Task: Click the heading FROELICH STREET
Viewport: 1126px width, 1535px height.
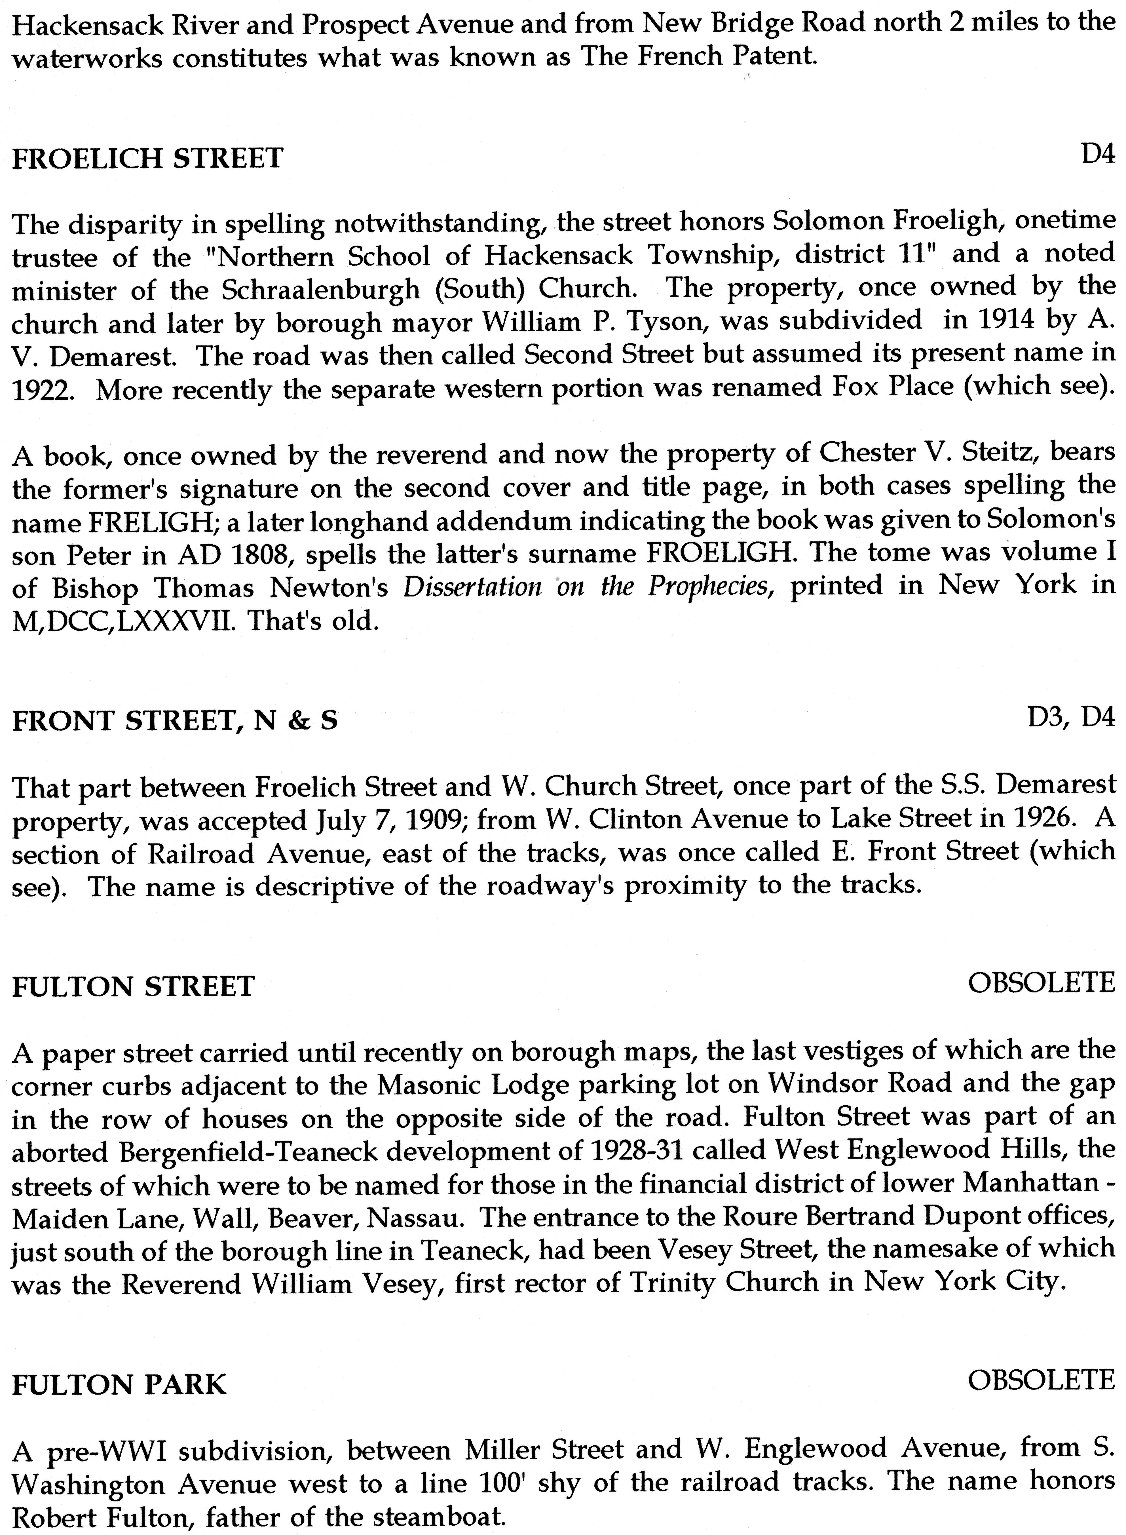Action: tap(147, 159)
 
